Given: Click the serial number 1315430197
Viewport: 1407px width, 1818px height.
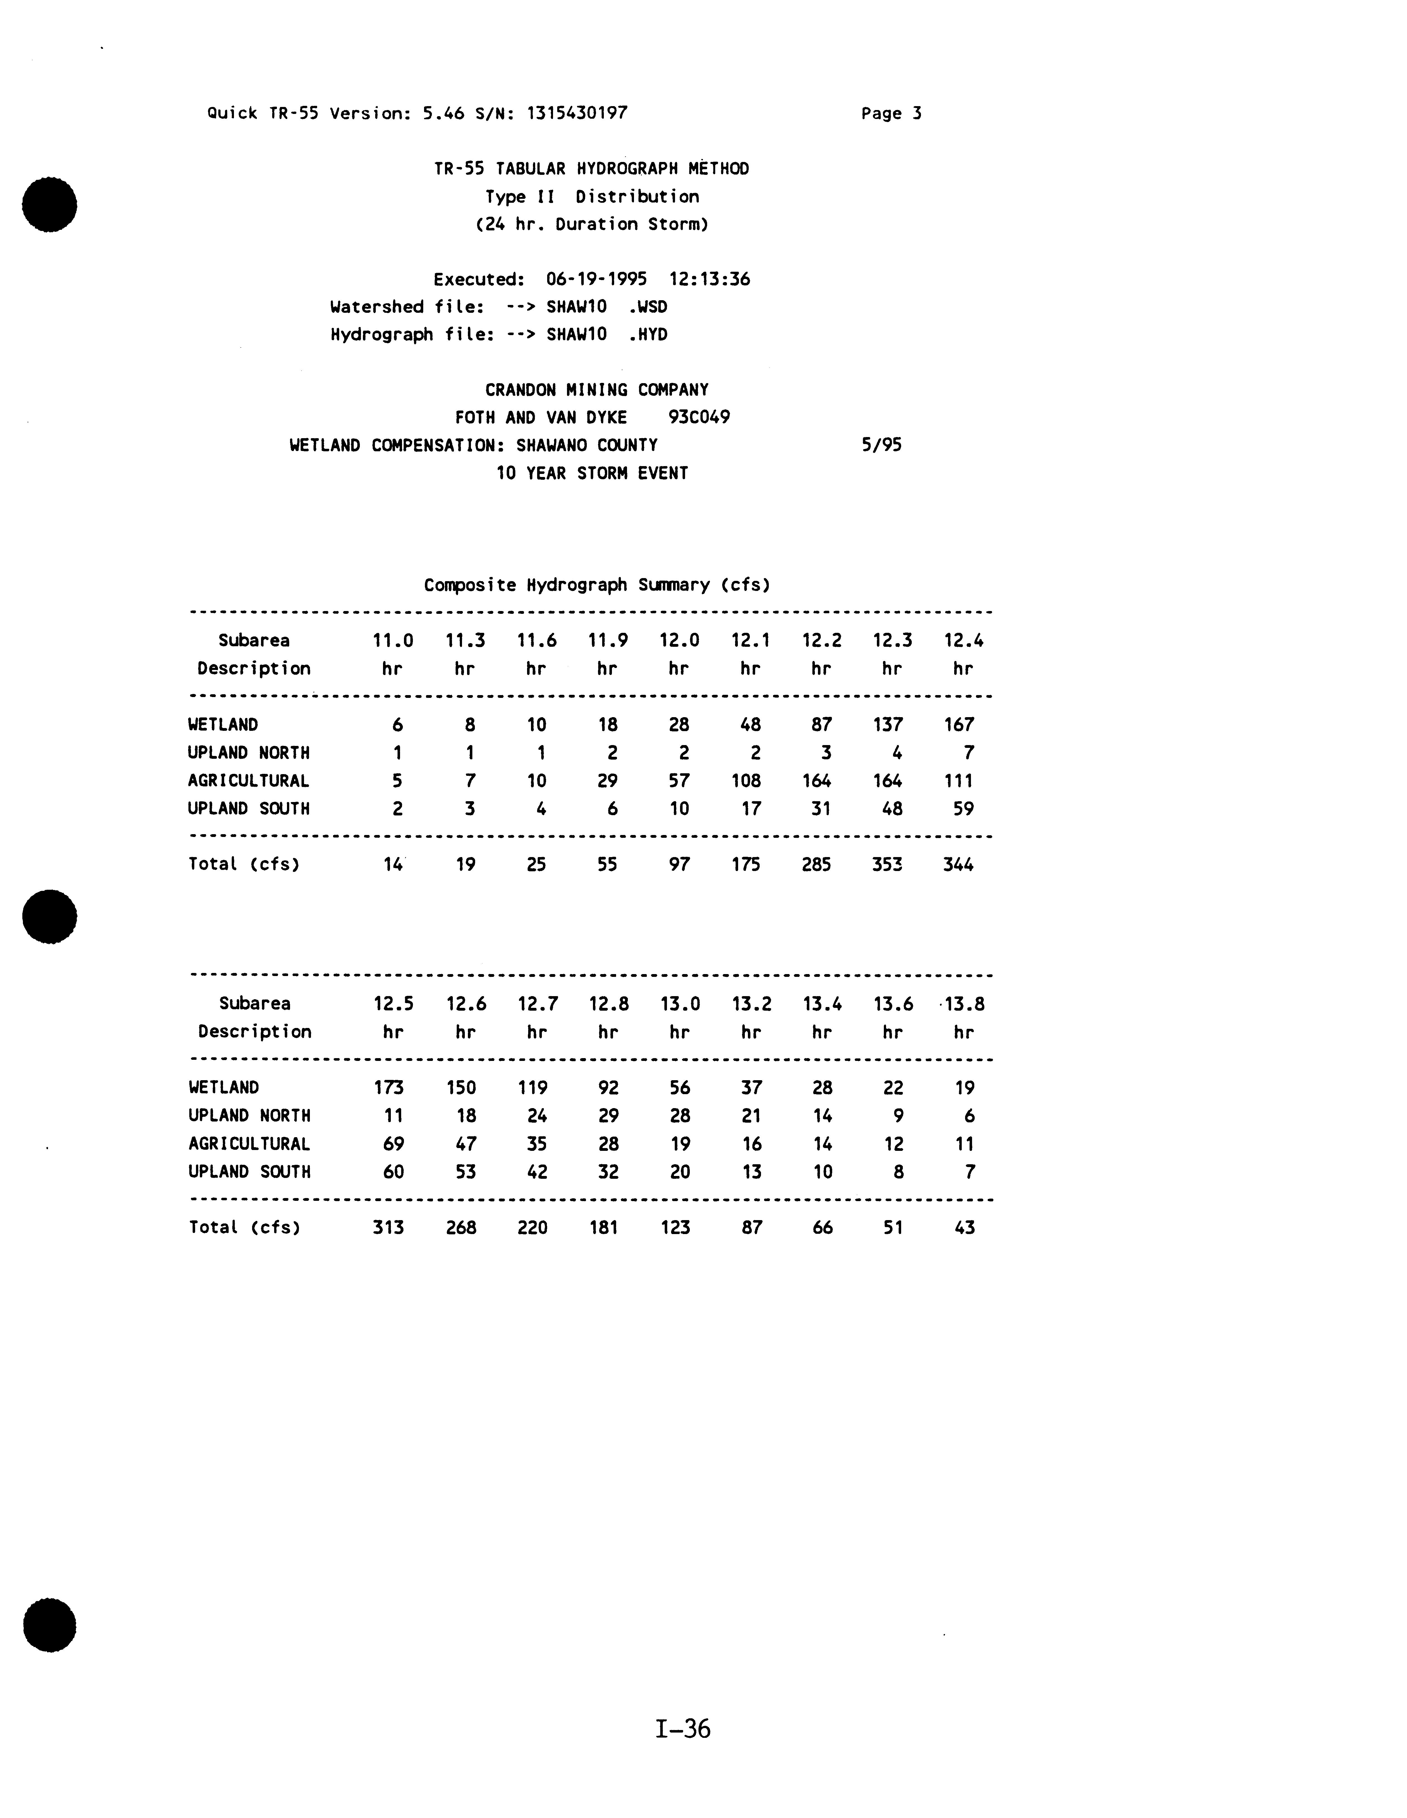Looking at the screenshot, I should (x=577, y=113).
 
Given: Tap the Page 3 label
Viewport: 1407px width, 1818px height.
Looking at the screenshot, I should (x=891, y=114).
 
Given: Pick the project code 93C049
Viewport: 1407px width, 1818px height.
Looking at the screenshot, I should (x=699, y=417).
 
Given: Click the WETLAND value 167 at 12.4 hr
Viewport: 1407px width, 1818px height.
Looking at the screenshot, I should (x=959, y=725).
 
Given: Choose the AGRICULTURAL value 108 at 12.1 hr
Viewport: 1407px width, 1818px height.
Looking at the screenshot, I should (x=746, y=781).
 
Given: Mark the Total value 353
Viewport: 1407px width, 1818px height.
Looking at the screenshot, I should (x=887, y=865).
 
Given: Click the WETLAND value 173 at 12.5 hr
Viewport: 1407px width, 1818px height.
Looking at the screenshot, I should (x=389, y=1088).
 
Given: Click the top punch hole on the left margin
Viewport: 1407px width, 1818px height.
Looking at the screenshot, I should (x=50, y=205).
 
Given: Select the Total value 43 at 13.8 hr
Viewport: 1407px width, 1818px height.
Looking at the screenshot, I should (x=964, y=1228).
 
